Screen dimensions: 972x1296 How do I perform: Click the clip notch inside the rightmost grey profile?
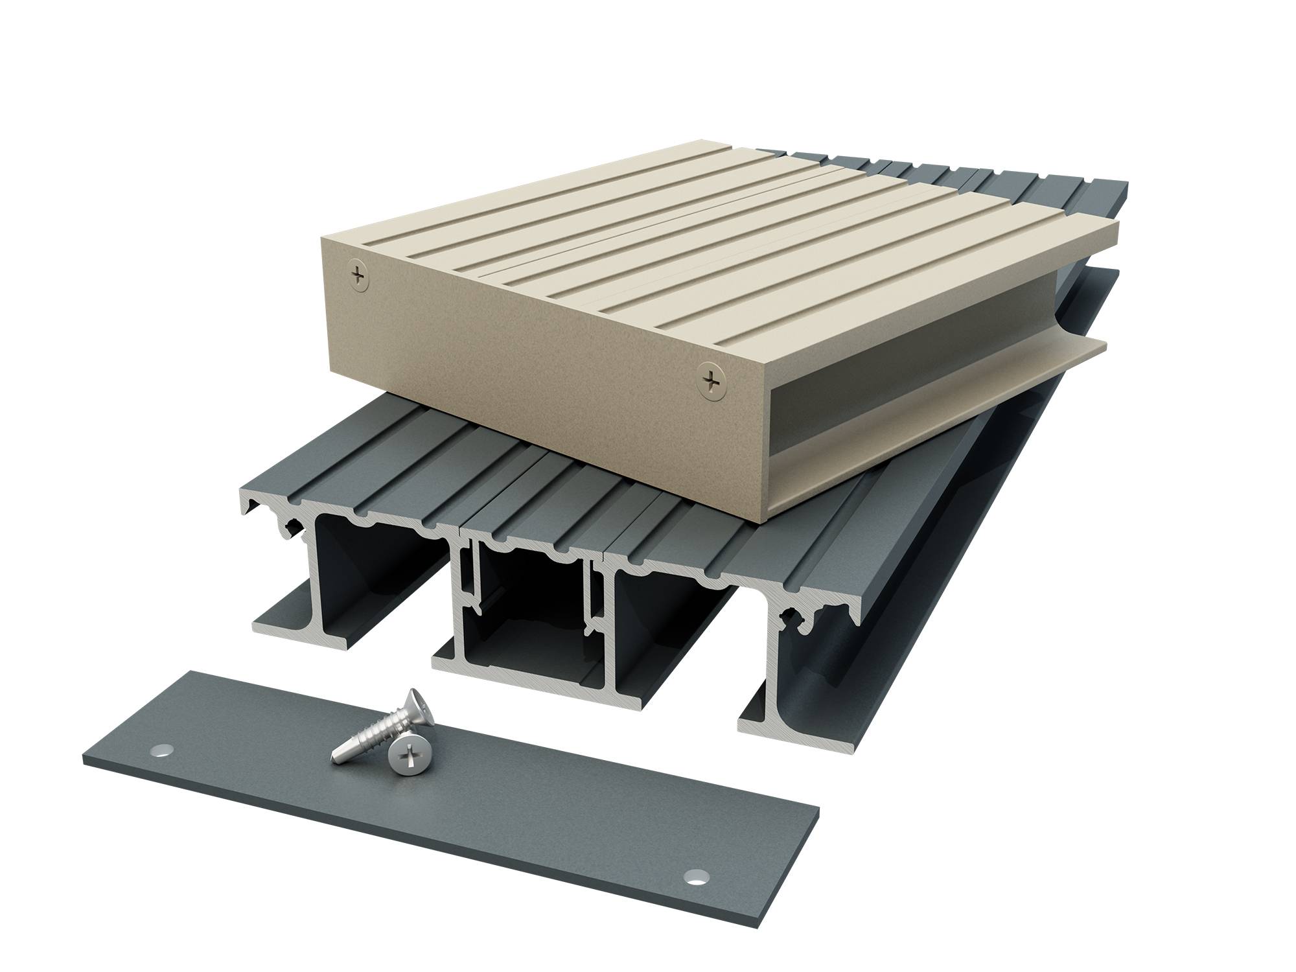click(804, 632)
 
